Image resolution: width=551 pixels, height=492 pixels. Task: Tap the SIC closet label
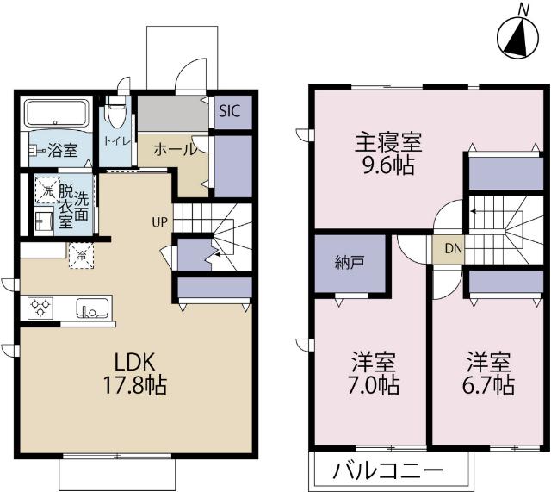pyautogui.click(x=229, y=110)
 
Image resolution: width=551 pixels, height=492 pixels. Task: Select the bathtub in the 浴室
pyautogui.click(x=55, y=113)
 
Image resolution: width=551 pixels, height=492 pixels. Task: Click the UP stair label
pyautogui.click(x=160, y=221)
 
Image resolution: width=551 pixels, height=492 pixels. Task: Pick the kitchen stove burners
pyautogui.click(x=41, y=308)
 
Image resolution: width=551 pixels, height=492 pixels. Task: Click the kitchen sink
pyautogui.click(x=90, y=308)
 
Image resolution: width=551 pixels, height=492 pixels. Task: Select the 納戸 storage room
pyautogui.click(x=348, y=262)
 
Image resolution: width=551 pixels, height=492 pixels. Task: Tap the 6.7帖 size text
pyautogui.click(x=490, y=384)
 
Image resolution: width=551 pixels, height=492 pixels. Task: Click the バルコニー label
pyautogui.click(x=388, y=471)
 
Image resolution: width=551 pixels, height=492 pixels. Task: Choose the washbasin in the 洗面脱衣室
pyautogui.click(x=44, y=221)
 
